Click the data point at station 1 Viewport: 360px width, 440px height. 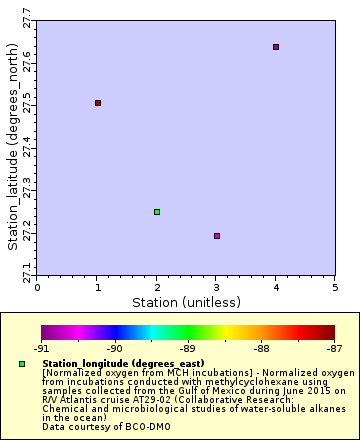(98, 103)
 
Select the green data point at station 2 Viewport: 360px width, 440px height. (157, 212)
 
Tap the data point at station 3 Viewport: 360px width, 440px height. (217, 236)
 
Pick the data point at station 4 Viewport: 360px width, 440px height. (276, 47)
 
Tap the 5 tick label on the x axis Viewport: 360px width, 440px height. (335, 287)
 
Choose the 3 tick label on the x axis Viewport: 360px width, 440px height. (217, 287)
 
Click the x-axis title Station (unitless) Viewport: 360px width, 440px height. (186, 301)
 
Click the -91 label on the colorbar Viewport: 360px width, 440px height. (41, 349)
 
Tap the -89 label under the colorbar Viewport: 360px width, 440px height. (188, 349)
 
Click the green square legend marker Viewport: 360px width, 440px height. (23, 363)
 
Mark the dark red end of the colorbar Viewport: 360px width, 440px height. (330, 332)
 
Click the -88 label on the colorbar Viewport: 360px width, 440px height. (261, 349)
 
